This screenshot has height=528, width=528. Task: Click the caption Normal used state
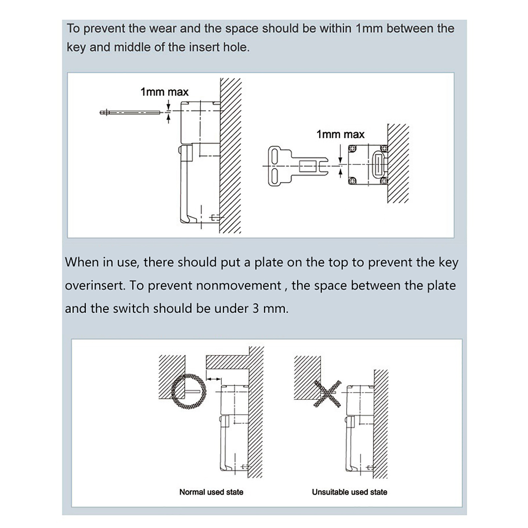click(211, 492)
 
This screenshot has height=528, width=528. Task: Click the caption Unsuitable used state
click(349, 492)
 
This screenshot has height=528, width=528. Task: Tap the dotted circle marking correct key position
click(188, 391)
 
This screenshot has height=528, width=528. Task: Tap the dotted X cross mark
click(327, 394)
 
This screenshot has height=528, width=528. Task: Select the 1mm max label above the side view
click(164, 92)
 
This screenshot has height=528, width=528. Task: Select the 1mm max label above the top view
click(340, 134)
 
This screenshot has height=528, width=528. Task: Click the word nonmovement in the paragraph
click(238, 285)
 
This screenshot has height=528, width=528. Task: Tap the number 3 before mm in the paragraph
click(256, 309)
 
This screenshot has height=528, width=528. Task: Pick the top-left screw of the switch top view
click(352, 149)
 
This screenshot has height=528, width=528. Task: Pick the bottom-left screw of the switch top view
click(352, 181)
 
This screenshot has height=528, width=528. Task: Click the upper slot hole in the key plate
click(274, 155)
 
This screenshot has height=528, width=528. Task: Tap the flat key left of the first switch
click(130, 113)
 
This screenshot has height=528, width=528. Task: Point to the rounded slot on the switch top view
click(377, 165)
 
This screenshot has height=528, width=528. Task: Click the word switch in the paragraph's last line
click(131, 309)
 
